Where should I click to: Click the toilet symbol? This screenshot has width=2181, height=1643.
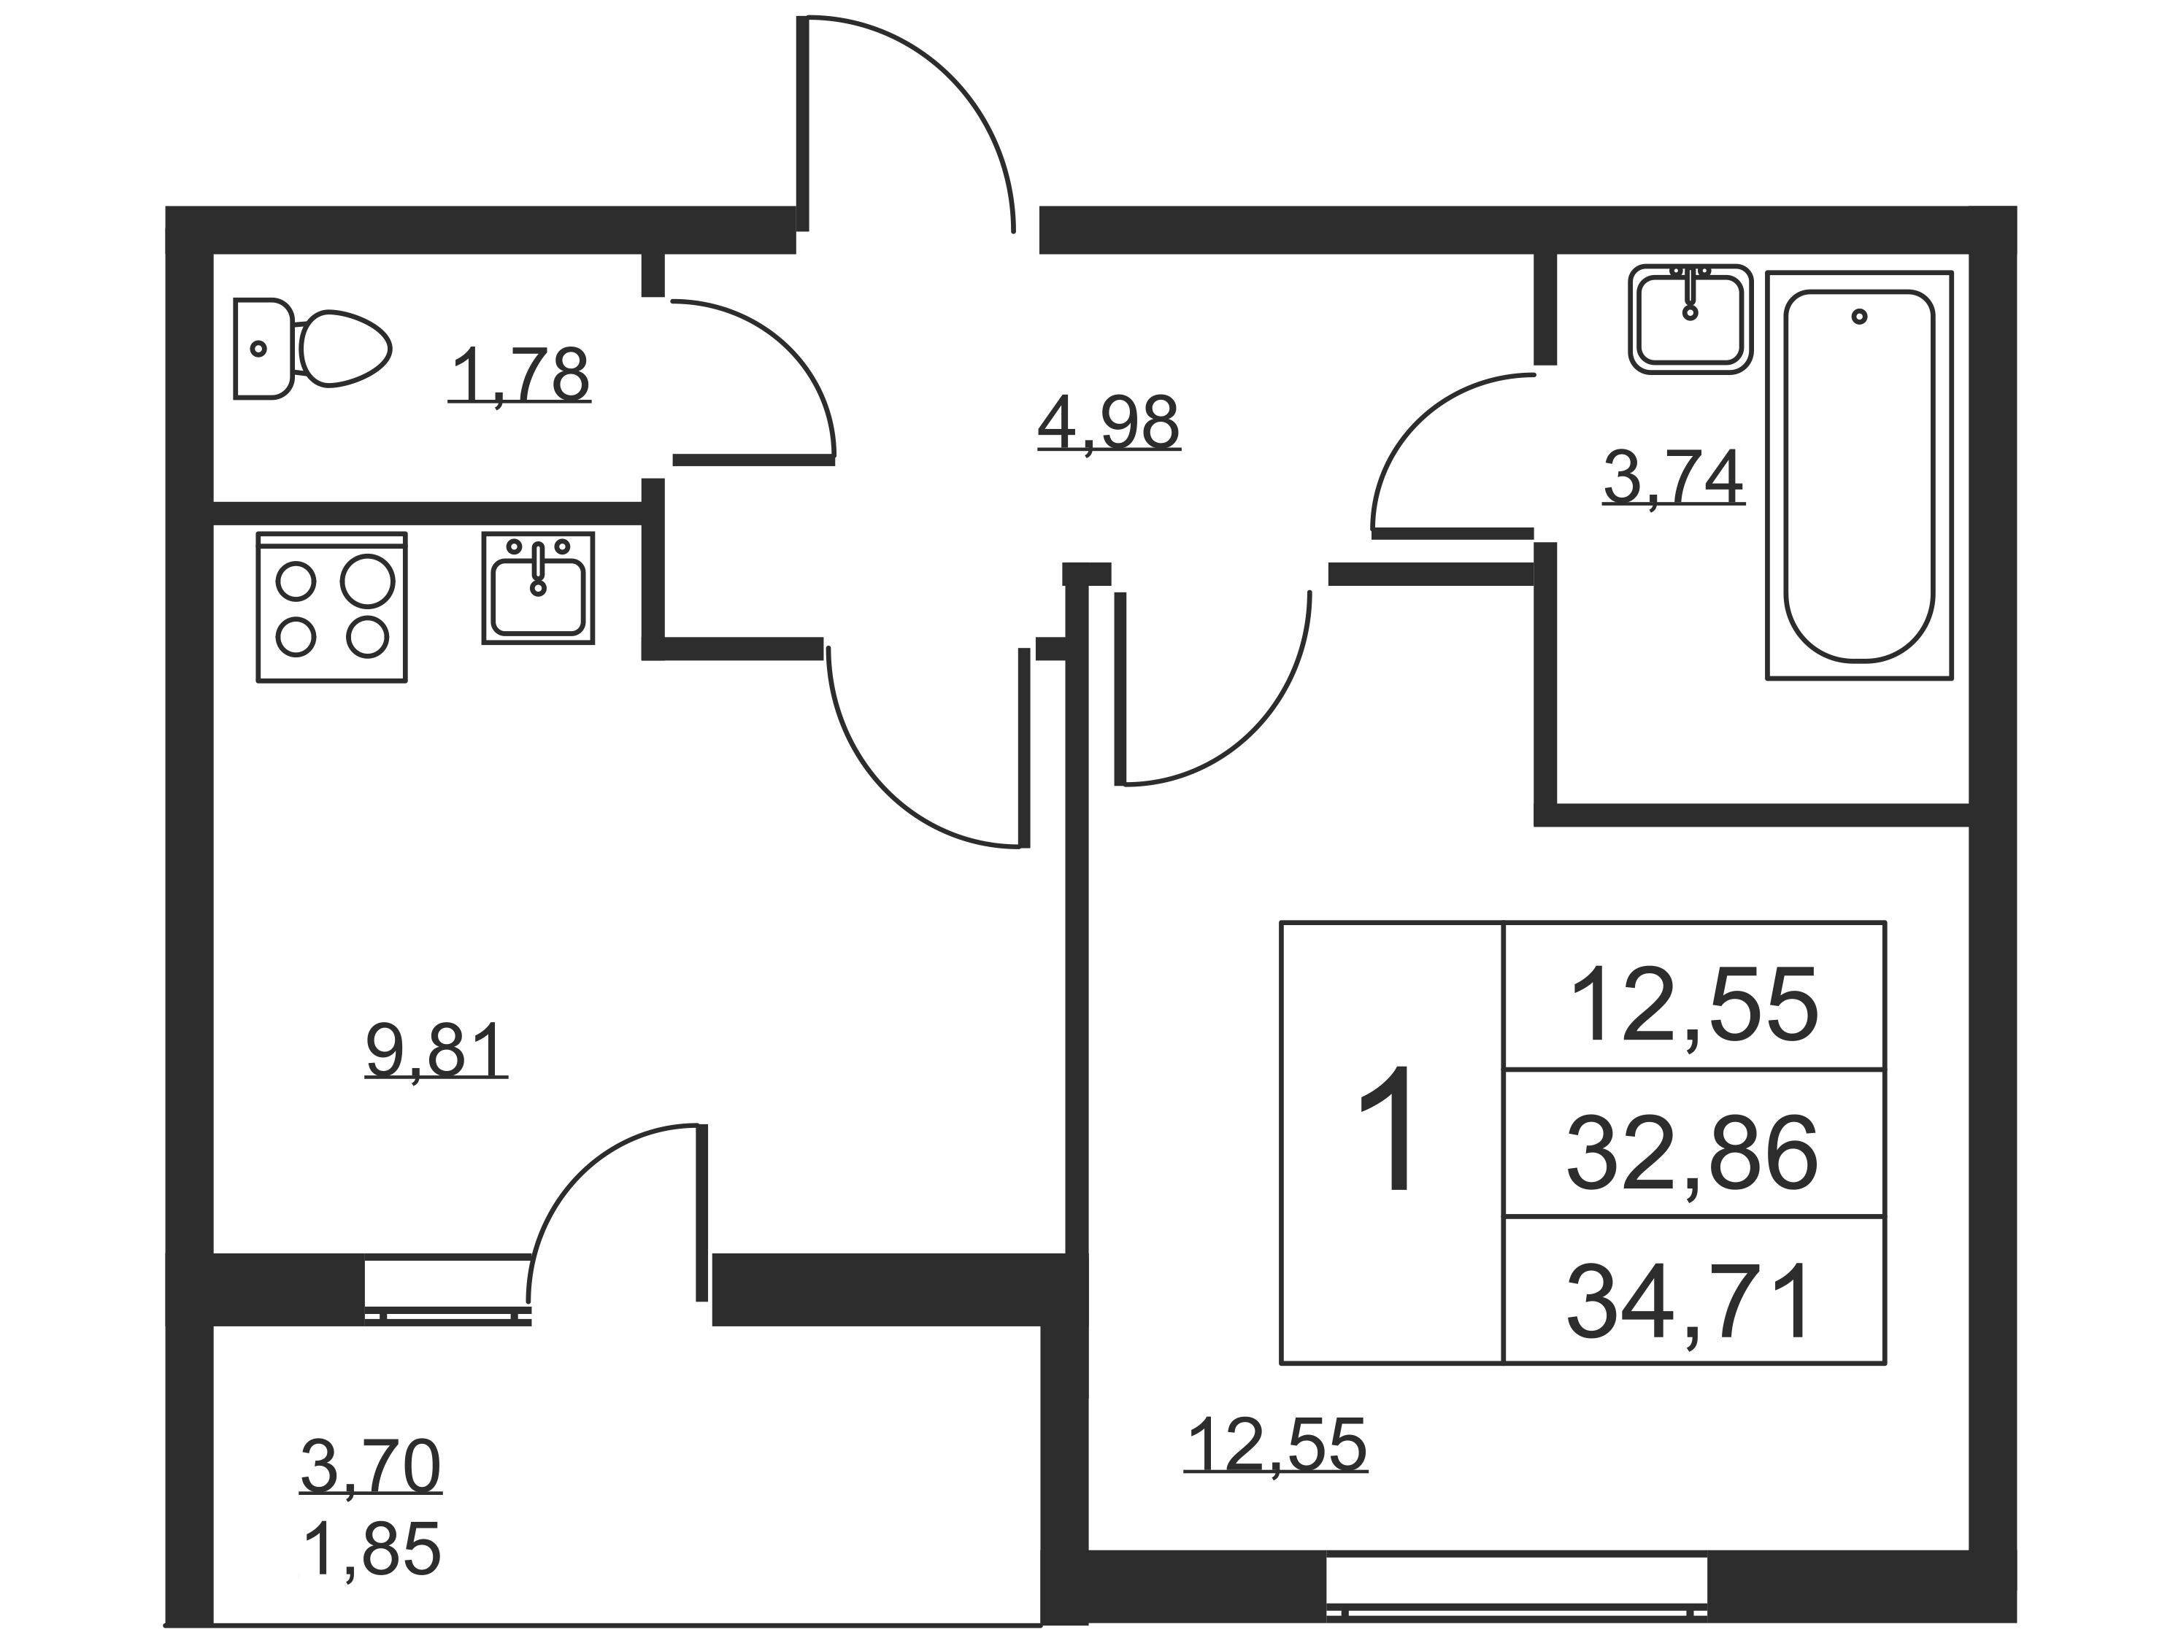coord(312,349)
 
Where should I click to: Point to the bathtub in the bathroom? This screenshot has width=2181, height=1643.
coord(1858,475)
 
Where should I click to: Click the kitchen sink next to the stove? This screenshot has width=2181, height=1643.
coord(539,589)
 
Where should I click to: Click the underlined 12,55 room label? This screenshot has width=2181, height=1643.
coord(1276,1445)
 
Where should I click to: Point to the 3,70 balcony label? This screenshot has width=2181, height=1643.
coord(371,1466)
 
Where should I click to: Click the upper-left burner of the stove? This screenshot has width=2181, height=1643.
coord(295,581)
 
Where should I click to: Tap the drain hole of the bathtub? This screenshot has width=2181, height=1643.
coord(1860,317)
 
